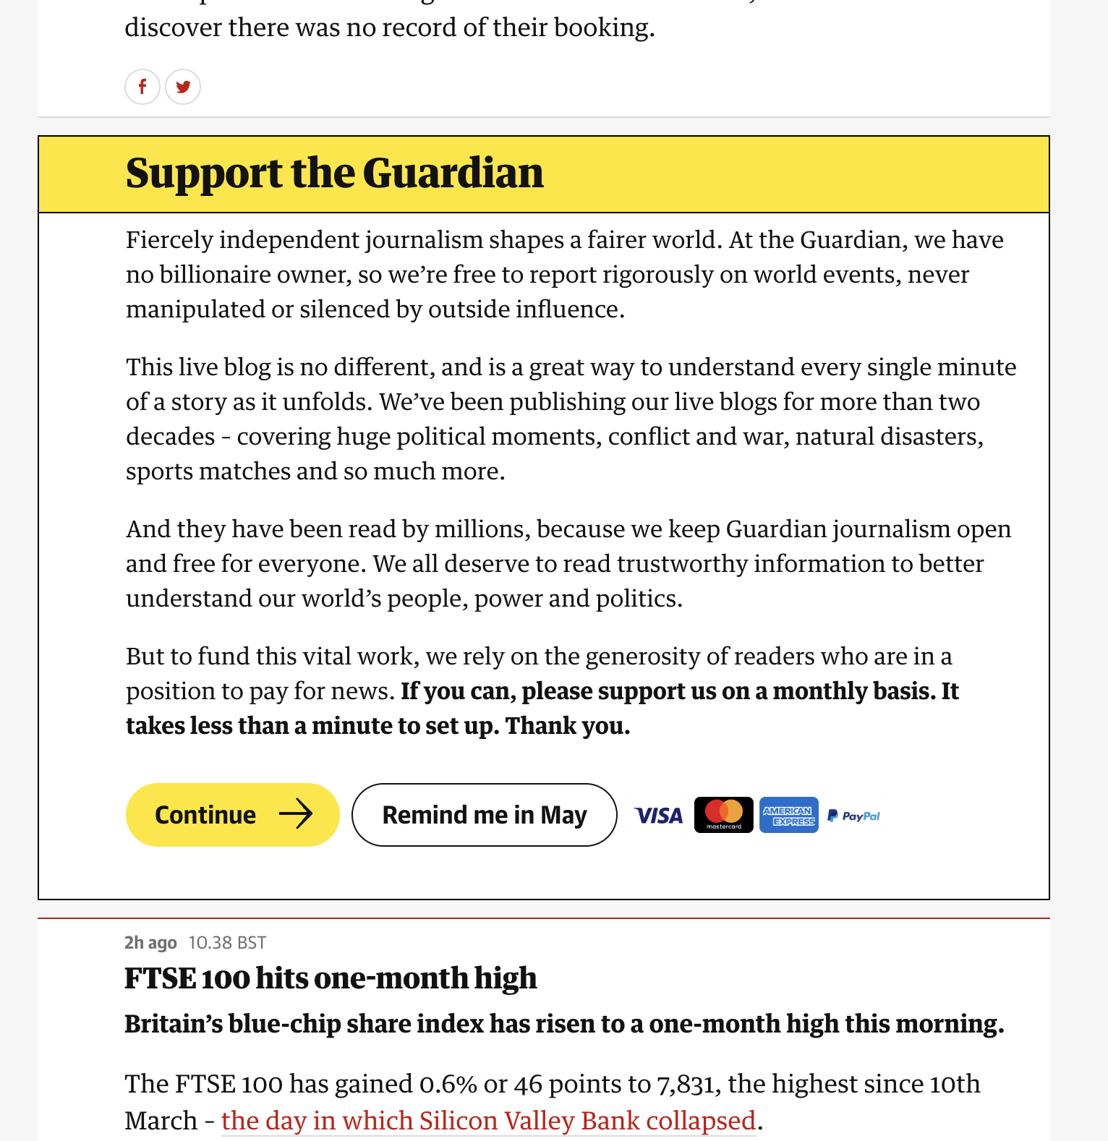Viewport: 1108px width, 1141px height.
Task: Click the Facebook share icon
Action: (142, 87)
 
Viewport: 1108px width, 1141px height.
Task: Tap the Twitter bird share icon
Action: (183, 87)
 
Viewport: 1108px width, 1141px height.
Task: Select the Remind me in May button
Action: (484, 815)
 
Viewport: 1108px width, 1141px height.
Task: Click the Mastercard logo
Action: (723, 815)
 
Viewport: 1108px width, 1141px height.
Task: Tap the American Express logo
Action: (788, 816)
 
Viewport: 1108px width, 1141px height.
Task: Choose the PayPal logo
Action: (854, 816)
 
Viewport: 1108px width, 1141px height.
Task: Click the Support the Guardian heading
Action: (334, 174)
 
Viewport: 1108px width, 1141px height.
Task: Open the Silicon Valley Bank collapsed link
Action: (488, 1121)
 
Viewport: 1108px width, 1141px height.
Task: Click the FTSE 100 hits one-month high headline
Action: (331, 978)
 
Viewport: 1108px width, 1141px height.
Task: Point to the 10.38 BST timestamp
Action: (227, 943)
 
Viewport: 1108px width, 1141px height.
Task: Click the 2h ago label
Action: (150, 943)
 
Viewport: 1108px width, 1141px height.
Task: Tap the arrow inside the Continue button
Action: (296, 815)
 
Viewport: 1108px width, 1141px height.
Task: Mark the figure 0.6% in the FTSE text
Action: (448, 1084)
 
